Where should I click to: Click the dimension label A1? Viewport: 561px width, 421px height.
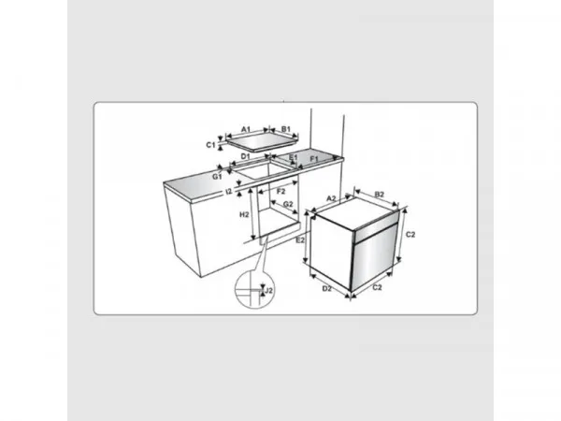pyautogui.click(x=246, y=129)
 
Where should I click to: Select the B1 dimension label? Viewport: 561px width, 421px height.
pyautogui.click(x=285, y=129)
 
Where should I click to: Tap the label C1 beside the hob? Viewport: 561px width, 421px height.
pyautogui.click(x=210, y=145)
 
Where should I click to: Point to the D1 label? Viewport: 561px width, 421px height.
pyautogui.click(x=245, y=156)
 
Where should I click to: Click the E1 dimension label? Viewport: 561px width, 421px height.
pyautogui.click(x=293, y=157)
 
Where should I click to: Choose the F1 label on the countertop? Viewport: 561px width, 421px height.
pyautogui.click(x=314, y=158)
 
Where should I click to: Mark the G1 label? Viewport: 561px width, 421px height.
pyautogui.click(x=217, y=177)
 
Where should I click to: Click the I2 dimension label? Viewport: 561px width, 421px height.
pyautogui.click(x=229, y=192)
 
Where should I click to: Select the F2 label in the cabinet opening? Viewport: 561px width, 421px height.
pyautogui.click(x=280, y=192)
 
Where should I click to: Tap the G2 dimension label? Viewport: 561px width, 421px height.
pyautogui.click(x=288, y=204)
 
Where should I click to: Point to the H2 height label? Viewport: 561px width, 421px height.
pyautogui.click(x=244, y=215)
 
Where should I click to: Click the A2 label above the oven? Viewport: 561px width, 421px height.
pyautogui.click(x=331, y=198)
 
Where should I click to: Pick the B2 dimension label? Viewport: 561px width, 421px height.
pyautogui.click(x=380, y=195)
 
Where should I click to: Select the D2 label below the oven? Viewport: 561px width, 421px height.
pyautogui.click(x=327, y=288)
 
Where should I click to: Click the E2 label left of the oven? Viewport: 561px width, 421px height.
pyautogui.click(x=300, y=240)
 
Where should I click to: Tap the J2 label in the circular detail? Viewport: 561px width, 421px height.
pyautogui.click(x=268, y=290)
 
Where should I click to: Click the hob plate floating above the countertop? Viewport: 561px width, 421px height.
pyautogui.click(x=262, y=144)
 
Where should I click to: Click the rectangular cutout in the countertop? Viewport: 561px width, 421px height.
pyautogui.click(x=265, y=170)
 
